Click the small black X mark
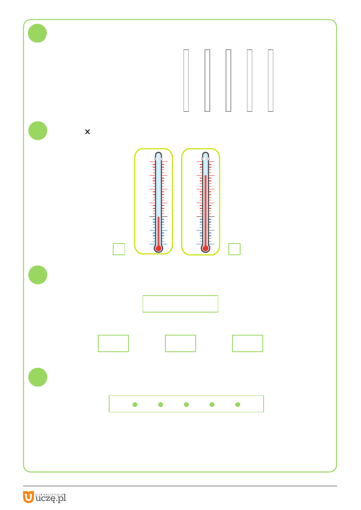pyautogui.click(x=87, y=132)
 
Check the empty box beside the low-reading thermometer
pyautogui.click(x=119, y=249)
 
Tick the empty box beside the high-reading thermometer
pyautogui.click(x=234, y=249)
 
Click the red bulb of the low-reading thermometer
pyautogui.click(x=158, y=248)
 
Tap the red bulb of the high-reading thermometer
pyautogui.click(x=205, y=248)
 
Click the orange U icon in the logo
pyautogui.click(x=28, y=497)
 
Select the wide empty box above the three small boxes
pyautogui.click(x=180, y=304)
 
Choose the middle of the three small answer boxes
pyautogui.click(x=180, y=343)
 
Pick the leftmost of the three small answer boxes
pyautogui.click(x=113, y=343)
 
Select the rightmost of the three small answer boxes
pyautogui.click(x=247, y=343)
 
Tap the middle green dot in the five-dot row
pyautogui.click(x=186, y=404)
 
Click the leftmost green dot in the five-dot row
pyautogui.click(x=135, y=404)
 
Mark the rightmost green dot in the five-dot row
pyautogui.click(x=238, y=404)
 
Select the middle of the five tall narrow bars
pyautogui.click(x=228, y=80)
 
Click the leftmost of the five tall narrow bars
pyautogui.click(x=186, y=80)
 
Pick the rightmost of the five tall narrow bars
pyautogui.click(x=271, y=80)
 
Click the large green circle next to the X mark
pyautogui.click(x=38, y=130)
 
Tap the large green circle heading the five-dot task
pyautogui.click(x=38, y=377)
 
